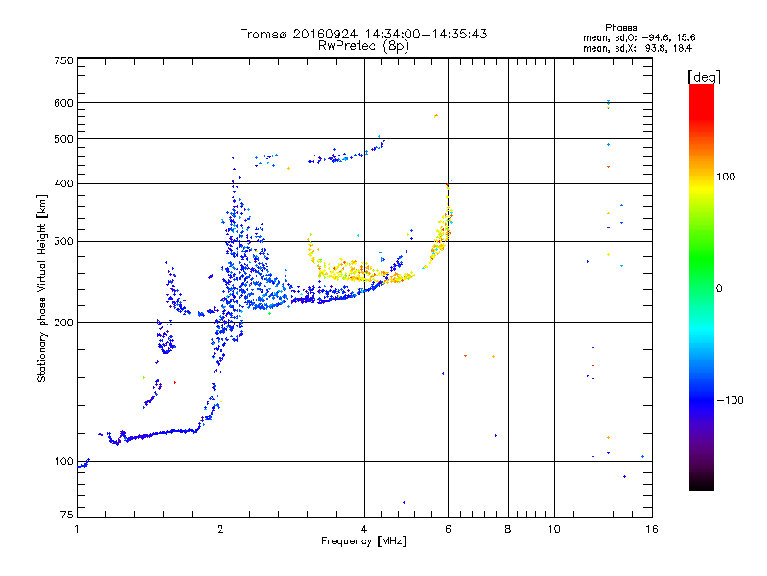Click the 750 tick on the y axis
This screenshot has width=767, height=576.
click(x=63, y=60)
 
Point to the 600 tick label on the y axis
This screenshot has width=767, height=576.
click(x=63, y=102)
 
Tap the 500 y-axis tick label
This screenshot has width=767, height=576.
click(x=63, y=139)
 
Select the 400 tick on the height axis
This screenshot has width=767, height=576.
click(x=63, y=183)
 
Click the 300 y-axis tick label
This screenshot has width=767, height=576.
click(x=63, y=241)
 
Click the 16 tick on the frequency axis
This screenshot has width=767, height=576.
click(x=650, y=529)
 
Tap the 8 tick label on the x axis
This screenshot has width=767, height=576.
click(x=508, y=529)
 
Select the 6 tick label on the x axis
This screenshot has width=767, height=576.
click(x=448, y=529)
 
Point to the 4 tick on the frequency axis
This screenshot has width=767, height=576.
click(x=364, y=529)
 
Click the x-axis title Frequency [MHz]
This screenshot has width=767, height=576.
click(x=363, y=541)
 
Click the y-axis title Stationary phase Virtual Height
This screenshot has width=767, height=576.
click(x=42, y=288)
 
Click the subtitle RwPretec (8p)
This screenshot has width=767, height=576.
click(x=363, y=45)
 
